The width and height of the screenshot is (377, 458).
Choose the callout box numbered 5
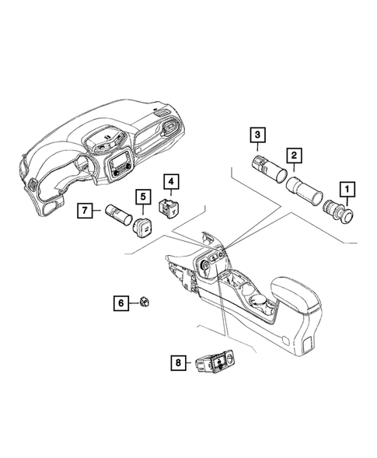click(x=143, y=198)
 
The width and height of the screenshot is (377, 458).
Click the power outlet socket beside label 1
click(x=339, y=210)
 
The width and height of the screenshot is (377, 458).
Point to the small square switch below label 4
click(x=169, y=207)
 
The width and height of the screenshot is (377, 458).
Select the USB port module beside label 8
click(x=216, y=362)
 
